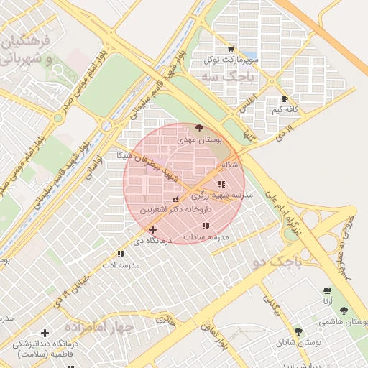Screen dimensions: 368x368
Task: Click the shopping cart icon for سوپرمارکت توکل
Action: (x=230, y=49)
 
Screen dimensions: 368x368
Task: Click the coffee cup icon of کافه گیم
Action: (x=285, y=99)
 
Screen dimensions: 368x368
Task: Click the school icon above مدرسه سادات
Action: (x=206, y=226)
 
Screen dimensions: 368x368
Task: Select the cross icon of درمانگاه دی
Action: (x=152, y=229)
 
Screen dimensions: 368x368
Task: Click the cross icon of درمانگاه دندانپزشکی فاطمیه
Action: (x=45, y=333)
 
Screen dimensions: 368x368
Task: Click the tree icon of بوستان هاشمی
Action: (x=343, y=310)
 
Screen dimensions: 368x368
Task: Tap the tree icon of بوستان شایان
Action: (x=298, y=331)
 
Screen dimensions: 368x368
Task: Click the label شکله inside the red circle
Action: (x=230, y=165)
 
